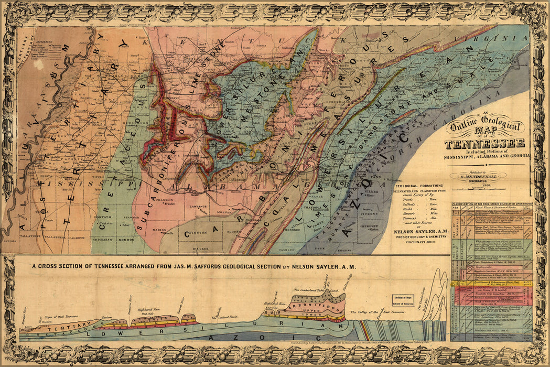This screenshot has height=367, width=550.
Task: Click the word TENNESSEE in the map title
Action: click(x=484, y=144)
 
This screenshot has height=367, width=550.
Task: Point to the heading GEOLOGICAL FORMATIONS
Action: click(x=418, y=186)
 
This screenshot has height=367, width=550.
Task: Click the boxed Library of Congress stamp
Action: click(x=403, y=300)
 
